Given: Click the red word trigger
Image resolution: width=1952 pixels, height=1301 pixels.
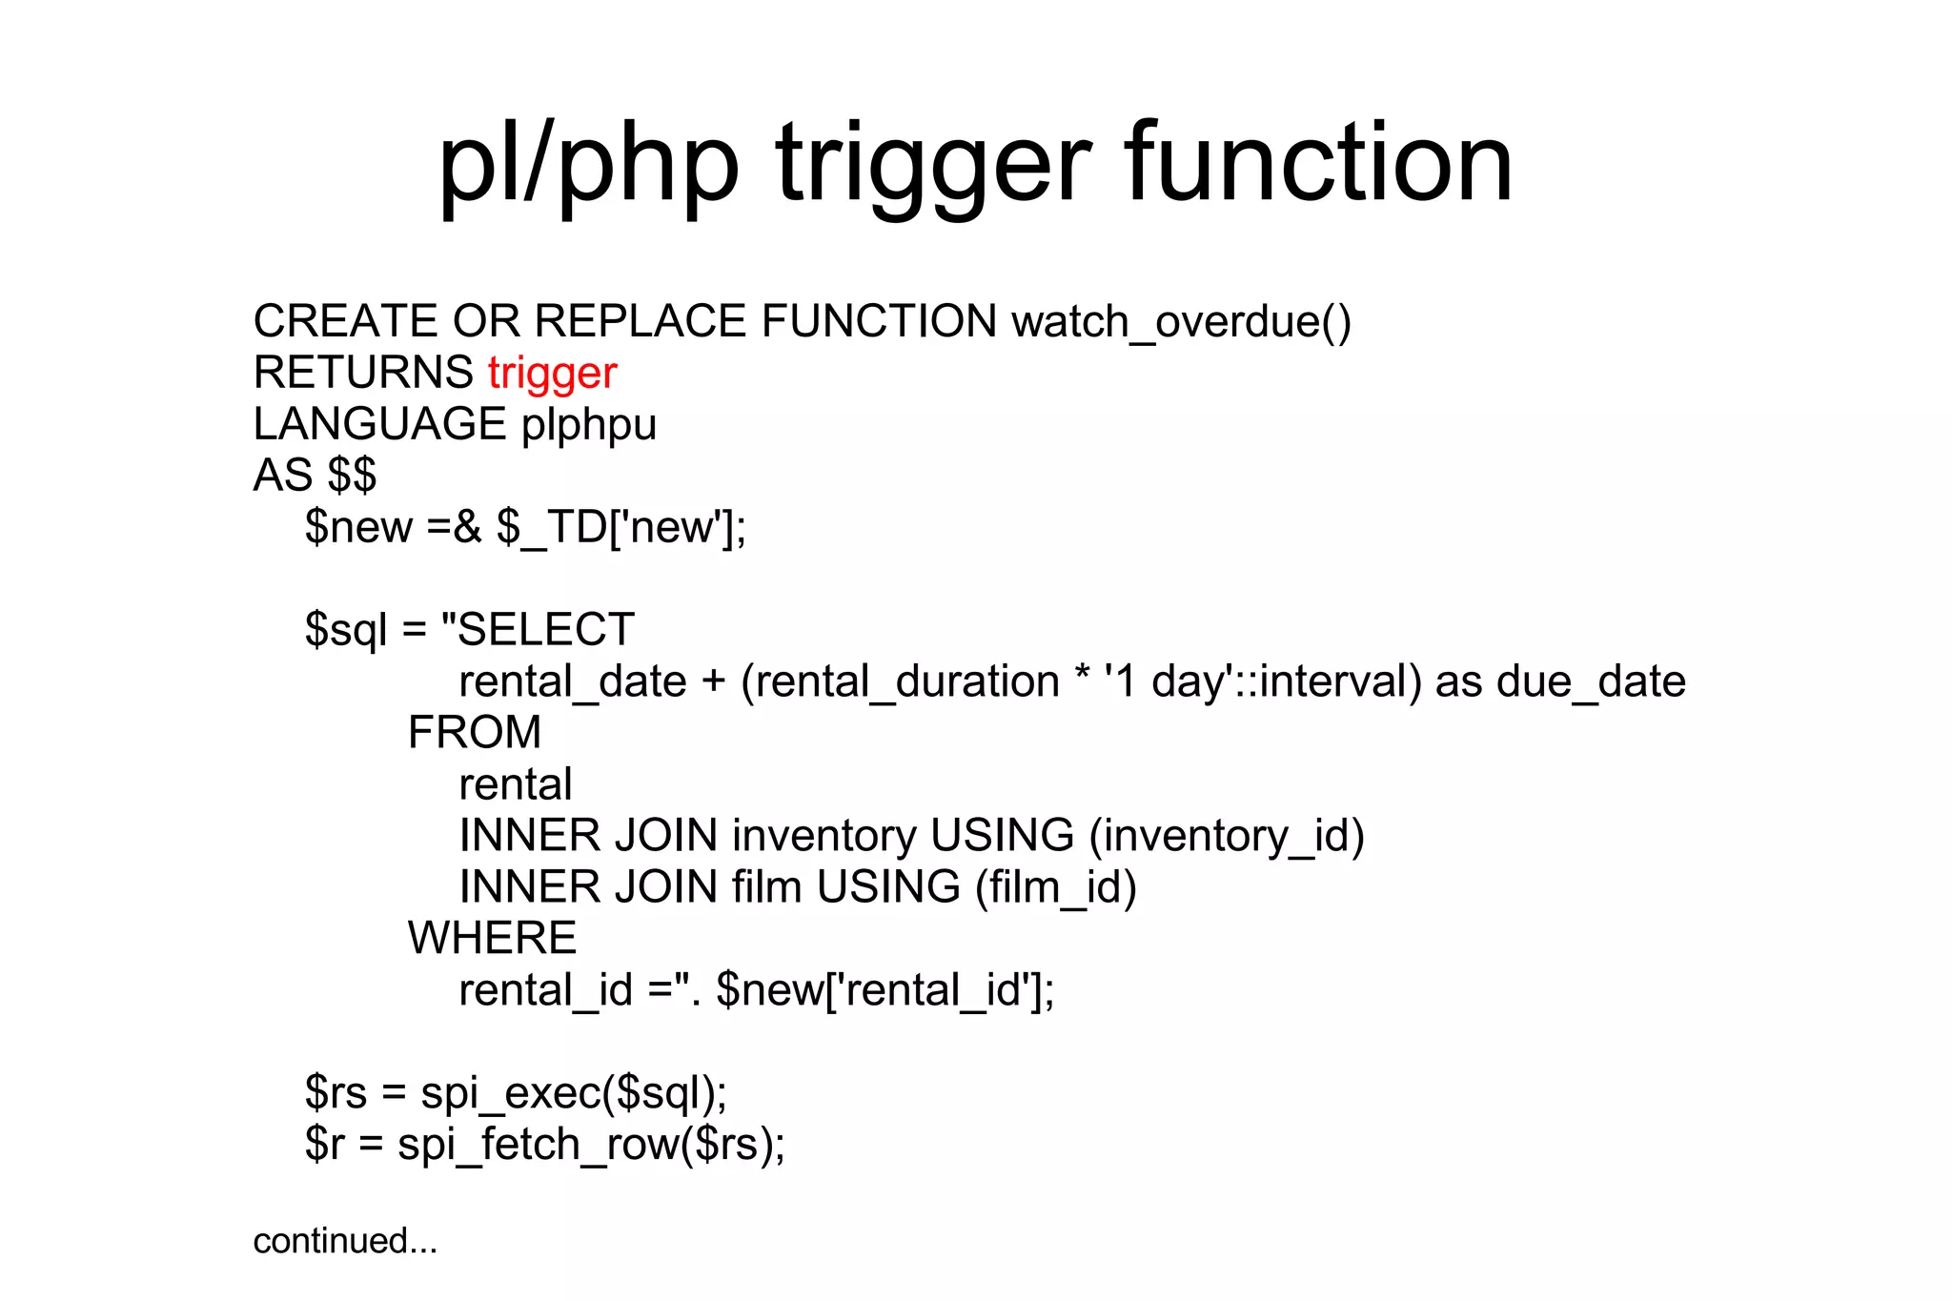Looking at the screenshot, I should pyautogui.click(x=552, y=374).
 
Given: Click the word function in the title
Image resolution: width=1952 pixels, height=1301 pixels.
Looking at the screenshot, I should pyautogui.click(x=1318, y=164).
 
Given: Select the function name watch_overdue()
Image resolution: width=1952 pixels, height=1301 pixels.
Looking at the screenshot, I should pyautogui.click(x=1181, y=321).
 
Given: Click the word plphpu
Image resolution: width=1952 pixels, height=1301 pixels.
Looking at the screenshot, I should pyautogui.click(x=589, y=425).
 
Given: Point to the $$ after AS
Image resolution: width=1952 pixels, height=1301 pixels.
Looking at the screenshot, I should pyautogui.click(x=352, y=476).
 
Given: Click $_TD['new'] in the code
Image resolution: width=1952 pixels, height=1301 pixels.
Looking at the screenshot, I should pyautogui.click(x=620, y=527).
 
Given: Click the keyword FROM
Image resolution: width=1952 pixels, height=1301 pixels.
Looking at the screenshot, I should pyautogui.click(x=475, y=733).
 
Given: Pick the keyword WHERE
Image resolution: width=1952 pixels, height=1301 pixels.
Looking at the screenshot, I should pyautogui.click(x=492, y=939).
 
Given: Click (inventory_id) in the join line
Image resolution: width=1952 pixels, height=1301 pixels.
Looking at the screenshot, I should pyautogui.click(x=1227, y=836).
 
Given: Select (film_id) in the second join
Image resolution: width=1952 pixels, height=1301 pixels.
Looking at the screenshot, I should pyautogui.click(x=1055, y=887).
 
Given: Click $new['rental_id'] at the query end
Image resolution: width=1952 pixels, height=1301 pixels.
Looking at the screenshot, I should pyautogui.click(x=885, y=990).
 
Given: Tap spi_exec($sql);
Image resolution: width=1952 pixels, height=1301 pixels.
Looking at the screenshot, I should pyautogui.click(x=574, y=1093).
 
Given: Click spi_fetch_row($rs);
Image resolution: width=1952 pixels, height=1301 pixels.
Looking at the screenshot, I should pyautogui.click(x=591, y=1145).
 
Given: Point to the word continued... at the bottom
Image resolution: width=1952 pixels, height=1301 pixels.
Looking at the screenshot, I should pyautogui.click(x=345, y=1241).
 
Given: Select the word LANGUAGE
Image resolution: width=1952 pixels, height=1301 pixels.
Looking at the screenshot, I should pyautogui.click(x=379, y=425).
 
